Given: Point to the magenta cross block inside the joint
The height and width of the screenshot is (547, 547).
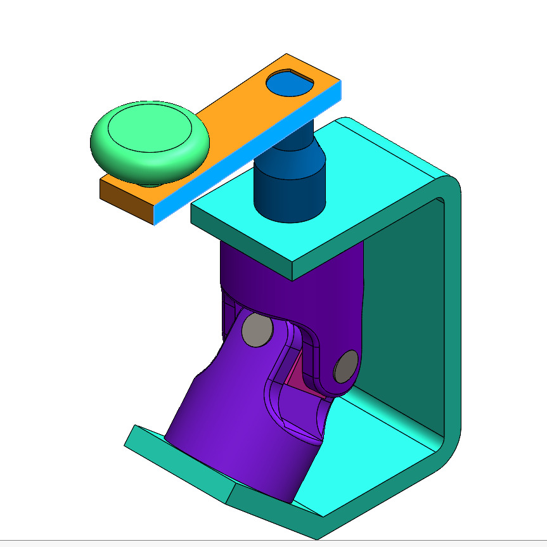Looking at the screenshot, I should pyautogui.click(x=297, y=378).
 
